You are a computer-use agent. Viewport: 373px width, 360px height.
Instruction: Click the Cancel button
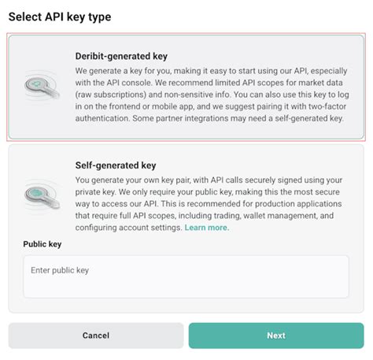95,336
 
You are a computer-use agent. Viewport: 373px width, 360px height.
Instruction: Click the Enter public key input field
186,276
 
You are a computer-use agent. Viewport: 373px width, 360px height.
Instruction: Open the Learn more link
206,228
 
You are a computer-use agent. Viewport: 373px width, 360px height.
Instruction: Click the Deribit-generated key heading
121,57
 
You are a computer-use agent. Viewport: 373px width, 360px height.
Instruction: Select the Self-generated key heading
116,166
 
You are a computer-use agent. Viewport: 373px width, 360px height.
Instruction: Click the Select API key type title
59,17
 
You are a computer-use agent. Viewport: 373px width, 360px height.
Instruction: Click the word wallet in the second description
262,215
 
